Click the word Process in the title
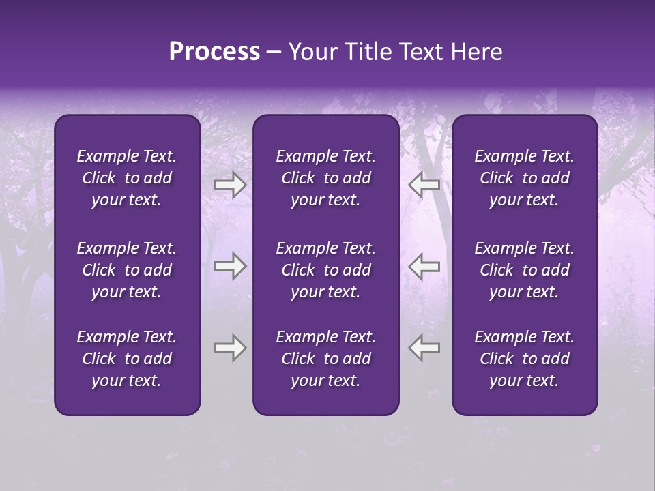tap(214, 52)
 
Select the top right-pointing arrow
tap(230, 184)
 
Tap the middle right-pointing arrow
tap(230, 266)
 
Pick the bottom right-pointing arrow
tap(230, 348)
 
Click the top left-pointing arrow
tap(424, 184)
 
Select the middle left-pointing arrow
tap(424, 266)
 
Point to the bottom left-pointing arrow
tap(424, 348)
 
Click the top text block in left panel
tap(127, 178)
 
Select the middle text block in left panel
tap(127, 270)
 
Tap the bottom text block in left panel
tap(127, 359)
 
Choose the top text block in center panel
tap(325, 178)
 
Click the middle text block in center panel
tap(325, 270)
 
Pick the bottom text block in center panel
tap(325, 359)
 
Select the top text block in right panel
tap(525, 178)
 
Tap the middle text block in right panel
tap(525, 270)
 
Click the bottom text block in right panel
tap(525, 359)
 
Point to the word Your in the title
tap(311, 52)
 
